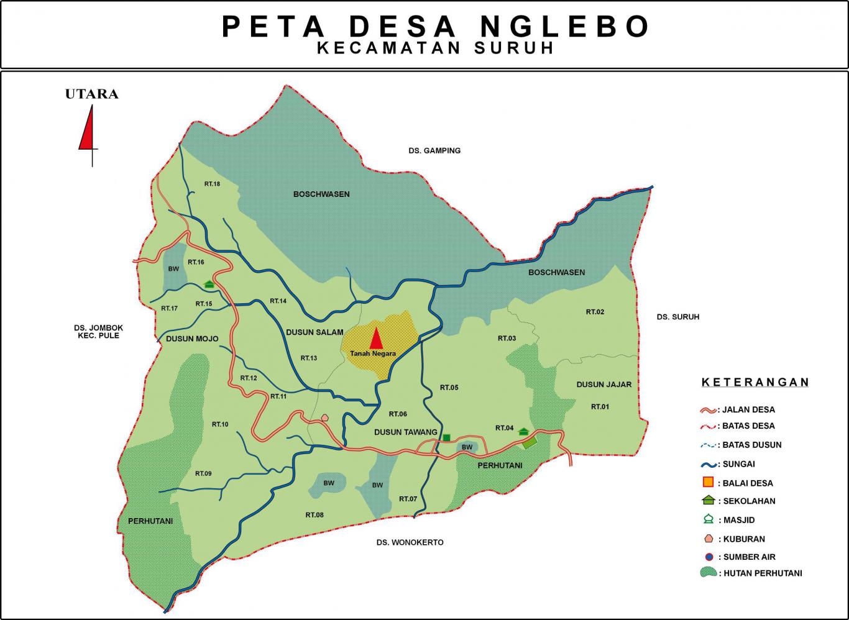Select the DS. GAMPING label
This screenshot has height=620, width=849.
pos(434,151)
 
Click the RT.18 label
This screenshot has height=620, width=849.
pos(212,184)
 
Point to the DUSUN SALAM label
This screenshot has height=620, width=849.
pos(314,332)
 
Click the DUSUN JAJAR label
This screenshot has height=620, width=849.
pos(603,385)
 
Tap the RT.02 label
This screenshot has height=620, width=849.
pos(595,312)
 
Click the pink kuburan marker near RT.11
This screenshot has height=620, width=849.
pos(324,418)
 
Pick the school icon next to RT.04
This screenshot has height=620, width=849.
pos(523,431)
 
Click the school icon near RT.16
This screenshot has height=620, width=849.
pos(209,284)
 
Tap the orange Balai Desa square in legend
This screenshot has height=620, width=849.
pos(707,483)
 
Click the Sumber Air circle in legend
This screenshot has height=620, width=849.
pos(707,557)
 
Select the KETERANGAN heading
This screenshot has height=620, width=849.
pos(755,382)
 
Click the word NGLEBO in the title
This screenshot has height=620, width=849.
pos(565,27)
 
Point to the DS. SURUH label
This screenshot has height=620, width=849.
pos(677,317)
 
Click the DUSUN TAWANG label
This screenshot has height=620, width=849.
pos(405,432)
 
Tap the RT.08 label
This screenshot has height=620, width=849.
pos(314,515)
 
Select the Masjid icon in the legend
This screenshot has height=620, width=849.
pos(707,519)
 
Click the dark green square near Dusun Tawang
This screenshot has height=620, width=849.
pos(446,438)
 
